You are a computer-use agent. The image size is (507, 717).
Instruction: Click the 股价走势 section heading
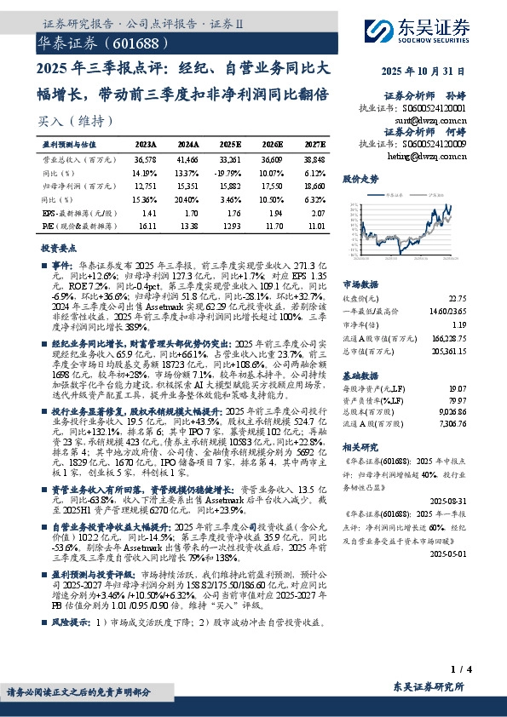(x=360, y=180)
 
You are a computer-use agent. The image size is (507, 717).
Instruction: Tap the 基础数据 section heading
(x=360, y=375)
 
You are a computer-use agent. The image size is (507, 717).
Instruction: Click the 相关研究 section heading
(x=360, y=469)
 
